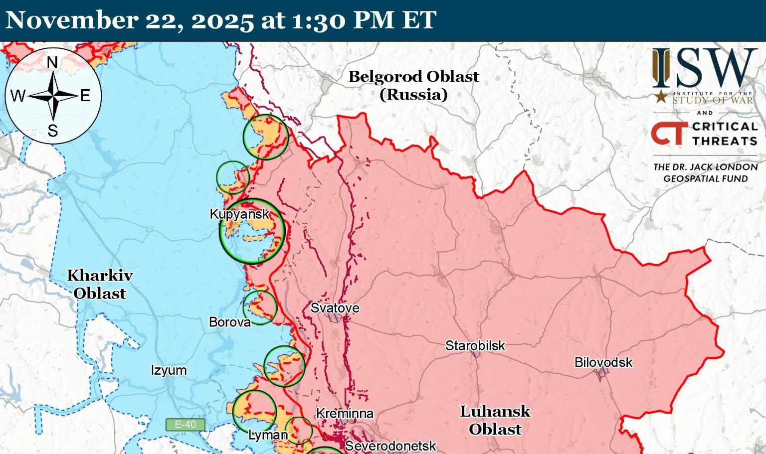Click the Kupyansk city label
tap(239, 214)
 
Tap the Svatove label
tap(335, 308)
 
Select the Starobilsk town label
tap(475, 345)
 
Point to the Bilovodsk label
tap(603, 362)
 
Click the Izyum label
tap(169, 370)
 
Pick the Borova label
tap(229, 322)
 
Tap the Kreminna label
tap(345, 413)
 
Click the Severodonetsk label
tap(390, 446)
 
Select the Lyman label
tap(268, 435)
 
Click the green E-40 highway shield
tap(185, 425)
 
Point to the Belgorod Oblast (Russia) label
tap(413, 85)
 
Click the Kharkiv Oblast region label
tap(100, 284)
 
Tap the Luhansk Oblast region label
tap(495, 420)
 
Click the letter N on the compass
tap(52, 62)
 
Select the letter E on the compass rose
tap(85, 95)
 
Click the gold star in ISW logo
tap(661, 96)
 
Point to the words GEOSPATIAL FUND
tap(705, 178)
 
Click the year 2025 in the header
tap(222, 20)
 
